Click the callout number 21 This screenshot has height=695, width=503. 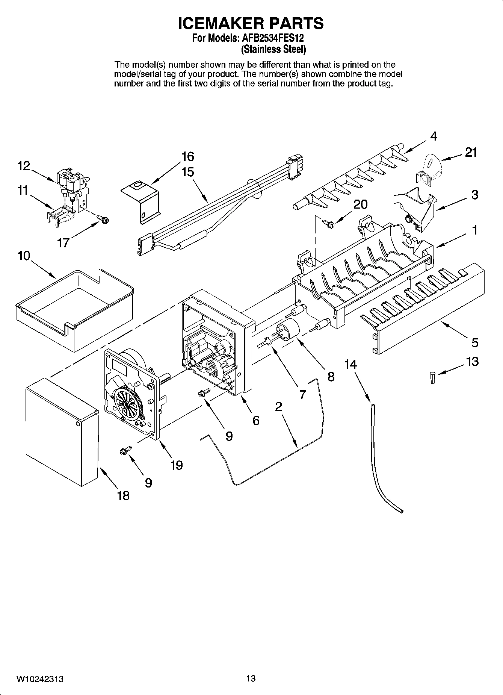click(x=470, y=152)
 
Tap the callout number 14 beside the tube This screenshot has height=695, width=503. click(x=350, y=364)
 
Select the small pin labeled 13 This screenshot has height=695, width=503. click(x=432, y=377)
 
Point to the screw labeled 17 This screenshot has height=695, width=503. click(x=102, y=218)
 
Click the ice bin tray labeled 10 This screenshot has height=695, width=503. click(x=75, y=308)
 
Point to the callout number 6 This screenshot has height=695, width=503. click(x=256, y=421)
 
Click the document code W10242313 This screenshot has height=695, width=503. click(x=39, y=679)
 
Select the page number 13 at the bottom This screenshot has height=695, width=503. click(x=251, y=678)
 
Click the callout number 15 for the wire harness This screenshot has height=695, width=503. click(x=187, y=172)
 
